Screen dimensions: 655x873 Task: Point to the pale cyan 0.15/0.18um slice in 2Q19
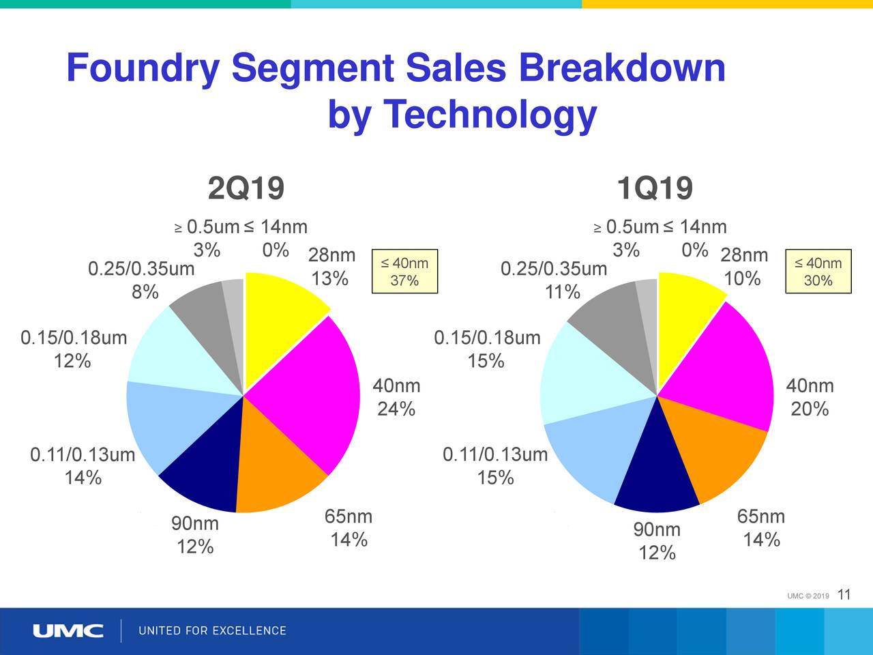click(x=177, y=355)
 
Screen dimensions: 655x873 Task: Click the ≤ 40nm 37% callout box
click(x=404, y=272)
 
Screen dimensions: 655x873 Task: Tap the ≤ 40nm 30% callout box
click(x=818, y=272)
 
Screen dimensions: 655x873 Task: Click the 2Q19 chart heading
click(x=246, y=188)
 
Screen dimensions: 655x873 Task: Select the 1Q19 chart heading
click(x=654, y=188)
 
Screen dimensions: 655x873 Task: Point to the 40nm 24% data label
click(x=396, y=397)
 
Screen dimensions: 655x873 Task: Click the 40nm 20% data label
click(x=810, y=397)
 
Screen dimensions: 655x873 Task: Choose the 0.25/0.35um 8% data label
click(x=142, y=280)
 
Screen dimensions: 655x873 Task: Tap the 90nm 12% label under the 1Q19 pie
click(x=657, y=541)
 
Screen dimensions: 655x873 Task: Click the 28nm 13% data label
click(x=331, y=267)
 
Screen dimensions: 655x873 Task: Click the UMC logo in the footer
click(x=68, y=630)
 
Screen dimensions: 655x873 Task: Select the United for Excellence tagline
click(x=212, y=630)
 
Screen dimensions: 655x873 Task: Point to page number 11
click(x=844, y=595)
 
